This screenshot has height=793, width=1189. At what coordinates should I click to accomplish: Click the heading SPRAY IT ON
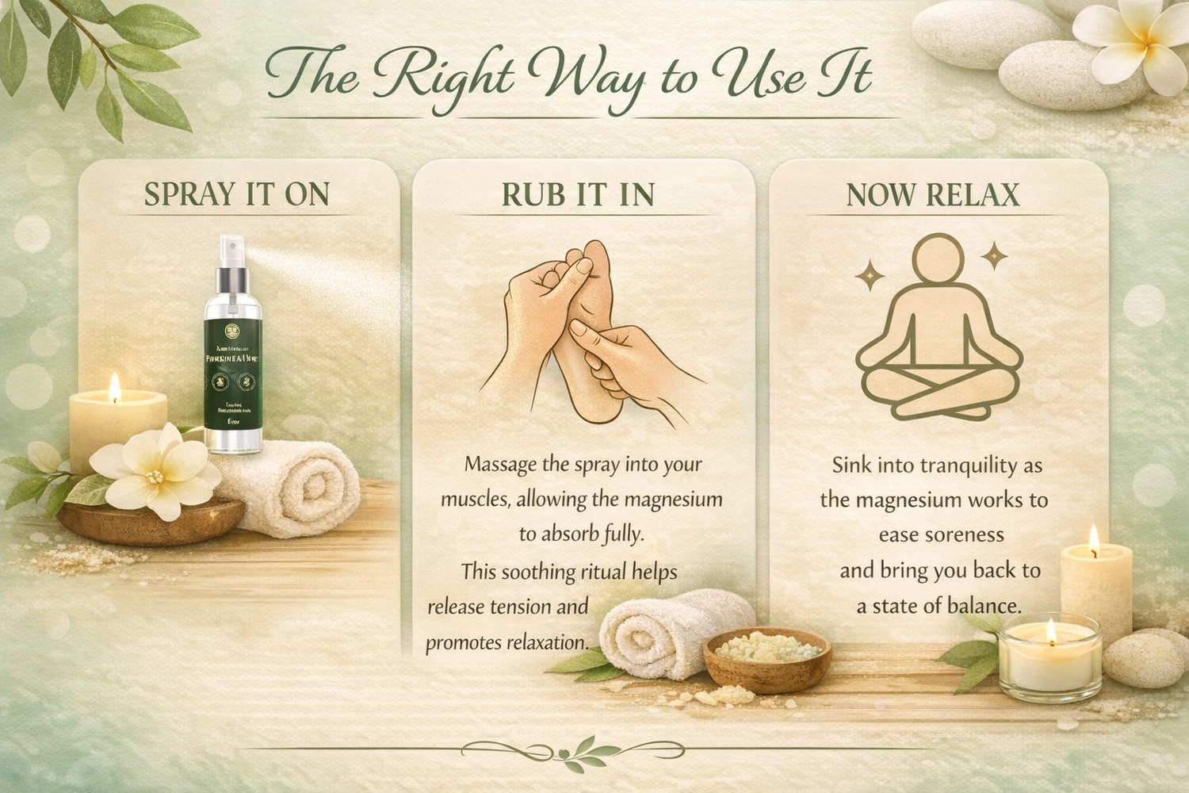[236, 195]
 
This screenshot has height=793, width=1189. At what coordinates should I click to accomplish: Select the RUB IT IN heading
[578, 195]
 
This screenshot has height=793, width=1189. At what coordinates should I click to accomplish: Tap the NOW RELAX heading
[932, 195]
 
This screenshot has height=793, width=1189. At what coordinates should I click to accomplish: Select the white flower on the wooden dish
[155, 471]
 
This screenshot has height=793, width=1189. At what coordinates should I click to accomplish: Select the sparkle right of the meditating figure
[994, 256]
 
